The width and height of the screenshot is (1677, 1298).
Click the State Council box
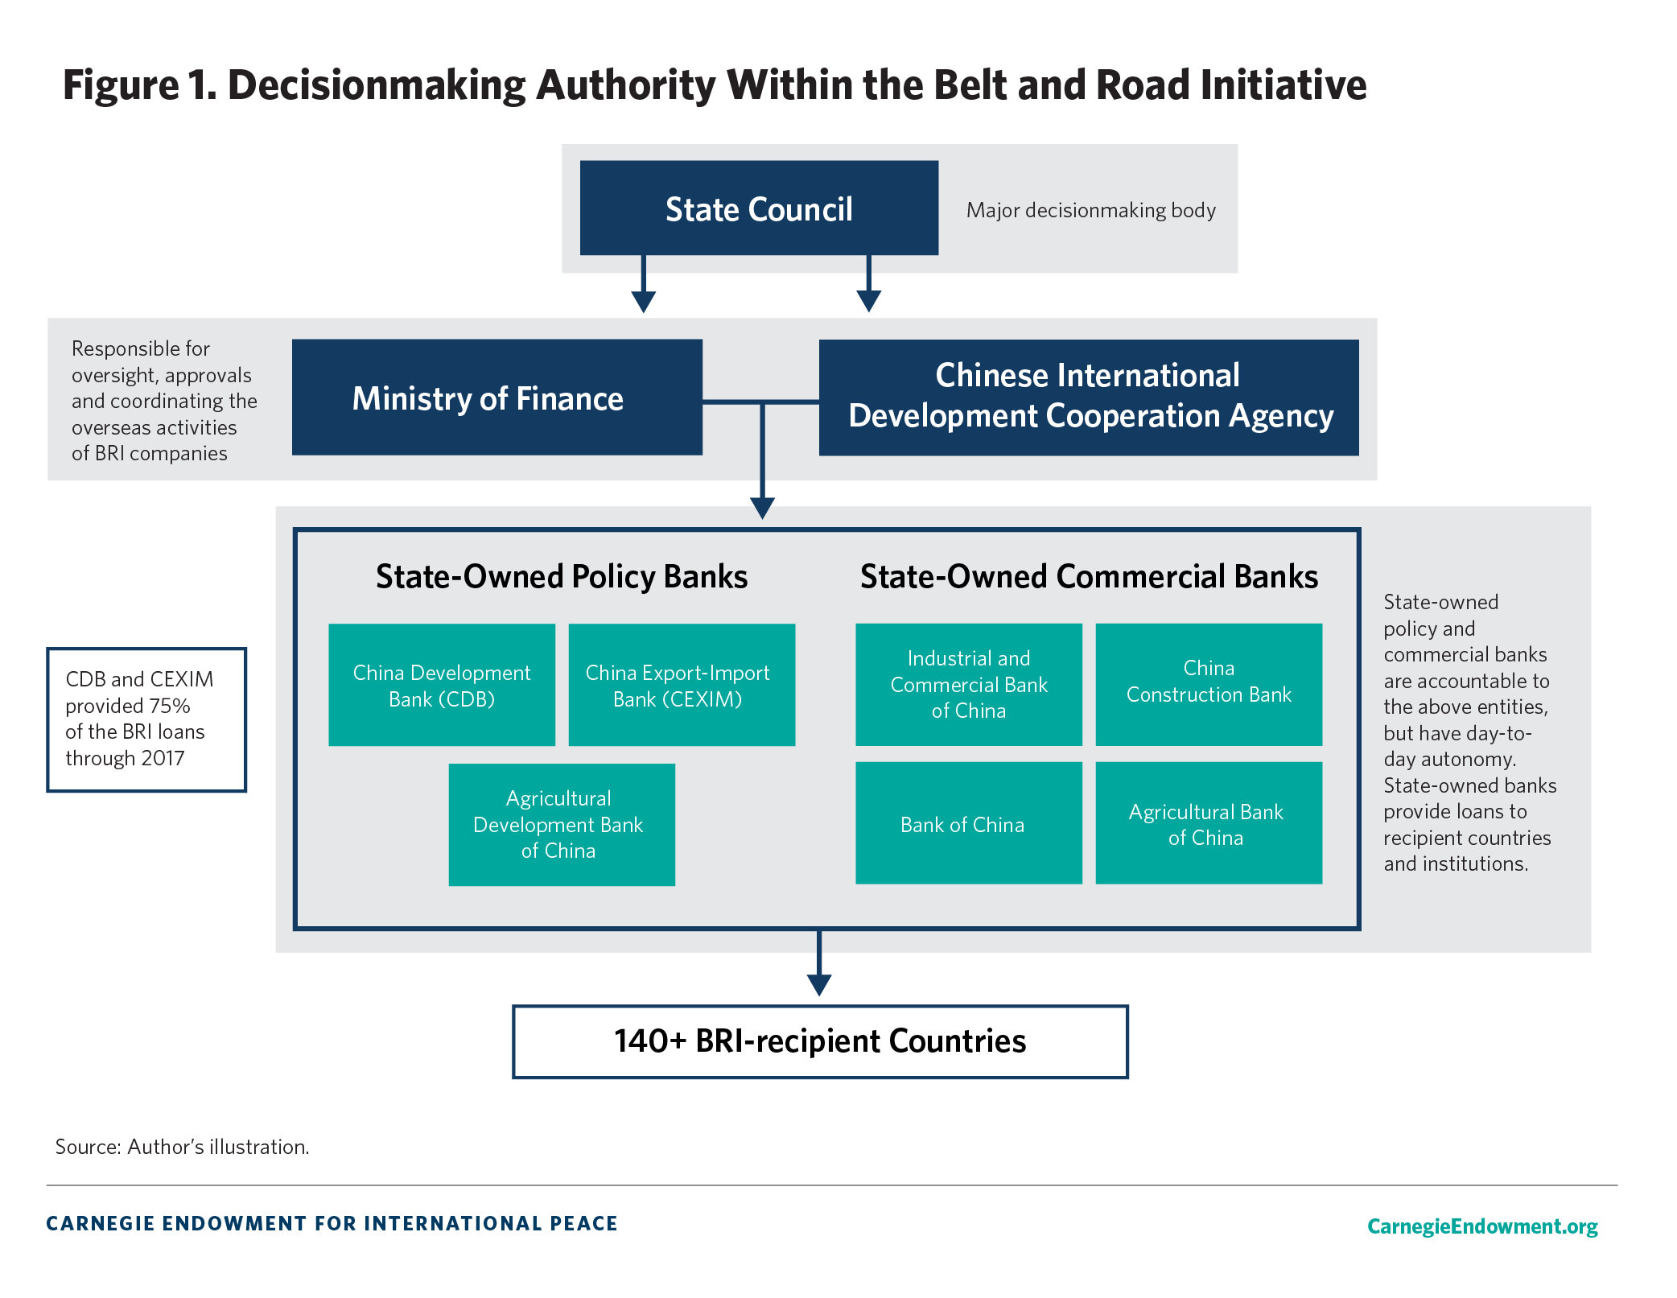pos(759,208)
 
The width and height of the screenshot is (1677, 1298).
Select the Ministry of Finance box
pos(497,398)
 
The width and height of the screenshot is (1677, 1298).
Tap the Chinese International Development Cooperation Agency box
pos(1089,398)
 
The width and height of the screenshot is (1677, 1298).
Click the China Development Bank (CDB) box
pos(442,685)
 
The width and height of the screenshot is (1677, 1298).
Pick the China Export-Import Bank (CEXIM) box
pos(682,685)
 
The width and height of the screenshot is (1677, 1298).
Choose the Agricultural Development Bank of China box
pos(562,825)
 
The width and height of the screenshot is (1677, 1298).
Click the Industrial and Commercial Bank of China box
pos(969,685)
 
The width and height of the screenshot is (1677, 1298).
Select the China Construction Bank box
pos(1209,685)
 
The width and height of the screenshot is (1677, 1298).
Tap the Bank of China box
pos(969,823)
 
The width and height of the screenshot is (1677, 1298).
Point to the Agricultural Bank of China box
pos(1209,823)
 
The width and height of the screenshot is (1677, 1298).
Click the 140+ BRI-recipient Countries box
pos(820,1041)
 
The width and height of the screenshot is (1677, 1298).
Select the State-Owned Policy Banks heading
pos(562,577)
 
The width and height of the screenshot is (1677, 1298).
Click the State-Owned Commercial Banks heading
pos(1089,577)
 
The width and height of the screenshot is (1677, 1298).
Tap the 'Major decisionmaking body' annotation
pos(1090,210)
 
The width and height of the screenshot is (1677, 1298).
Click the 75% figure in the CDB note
pos(169,706)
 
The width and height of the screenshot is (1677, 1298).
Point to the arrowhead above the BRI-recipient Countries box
pos(819,985)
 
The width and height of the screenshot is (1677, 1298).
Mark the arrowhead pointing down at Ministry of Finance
pos(643,302)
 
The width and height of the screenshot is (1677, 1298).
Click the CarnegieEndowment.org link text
pos(1482,1226)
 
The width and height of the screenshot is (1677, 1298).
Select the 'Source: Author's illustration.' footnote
pos(182,1147)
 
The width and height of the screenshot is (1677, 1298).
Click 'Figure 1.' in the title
pos(140,85)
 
